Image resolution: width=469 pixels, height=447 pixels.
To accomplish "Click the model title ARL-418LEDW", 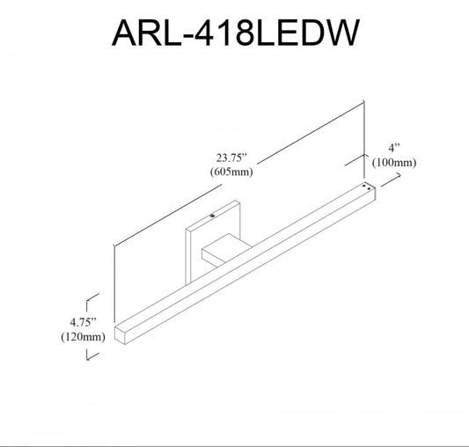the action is tap(236, 33).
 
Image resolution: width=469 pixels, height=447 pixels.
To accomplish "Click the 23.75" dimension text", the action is tap(231, 158).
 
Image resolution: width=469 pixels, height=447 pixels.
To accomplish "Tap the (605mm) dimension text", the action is tap(231, 172).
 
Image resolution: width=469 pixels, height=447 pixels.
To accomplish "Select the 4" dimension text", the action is tap(394, 148).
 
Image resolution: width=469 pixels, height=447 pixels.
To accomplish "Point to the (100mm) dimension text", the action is tap(394, 163).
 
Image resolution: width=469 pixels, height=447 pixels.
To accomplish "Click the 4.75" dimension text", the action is tap(83, 322).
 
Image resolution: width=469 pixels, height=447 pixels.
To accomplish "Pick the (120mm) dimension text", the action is tap(83, 337).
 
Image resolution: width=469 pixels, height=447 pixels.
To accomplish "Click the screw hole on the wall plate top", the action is tap(212, 216).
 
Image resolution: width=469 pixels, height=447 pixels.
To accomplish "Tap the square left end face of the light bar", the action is tap(120, 334).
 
